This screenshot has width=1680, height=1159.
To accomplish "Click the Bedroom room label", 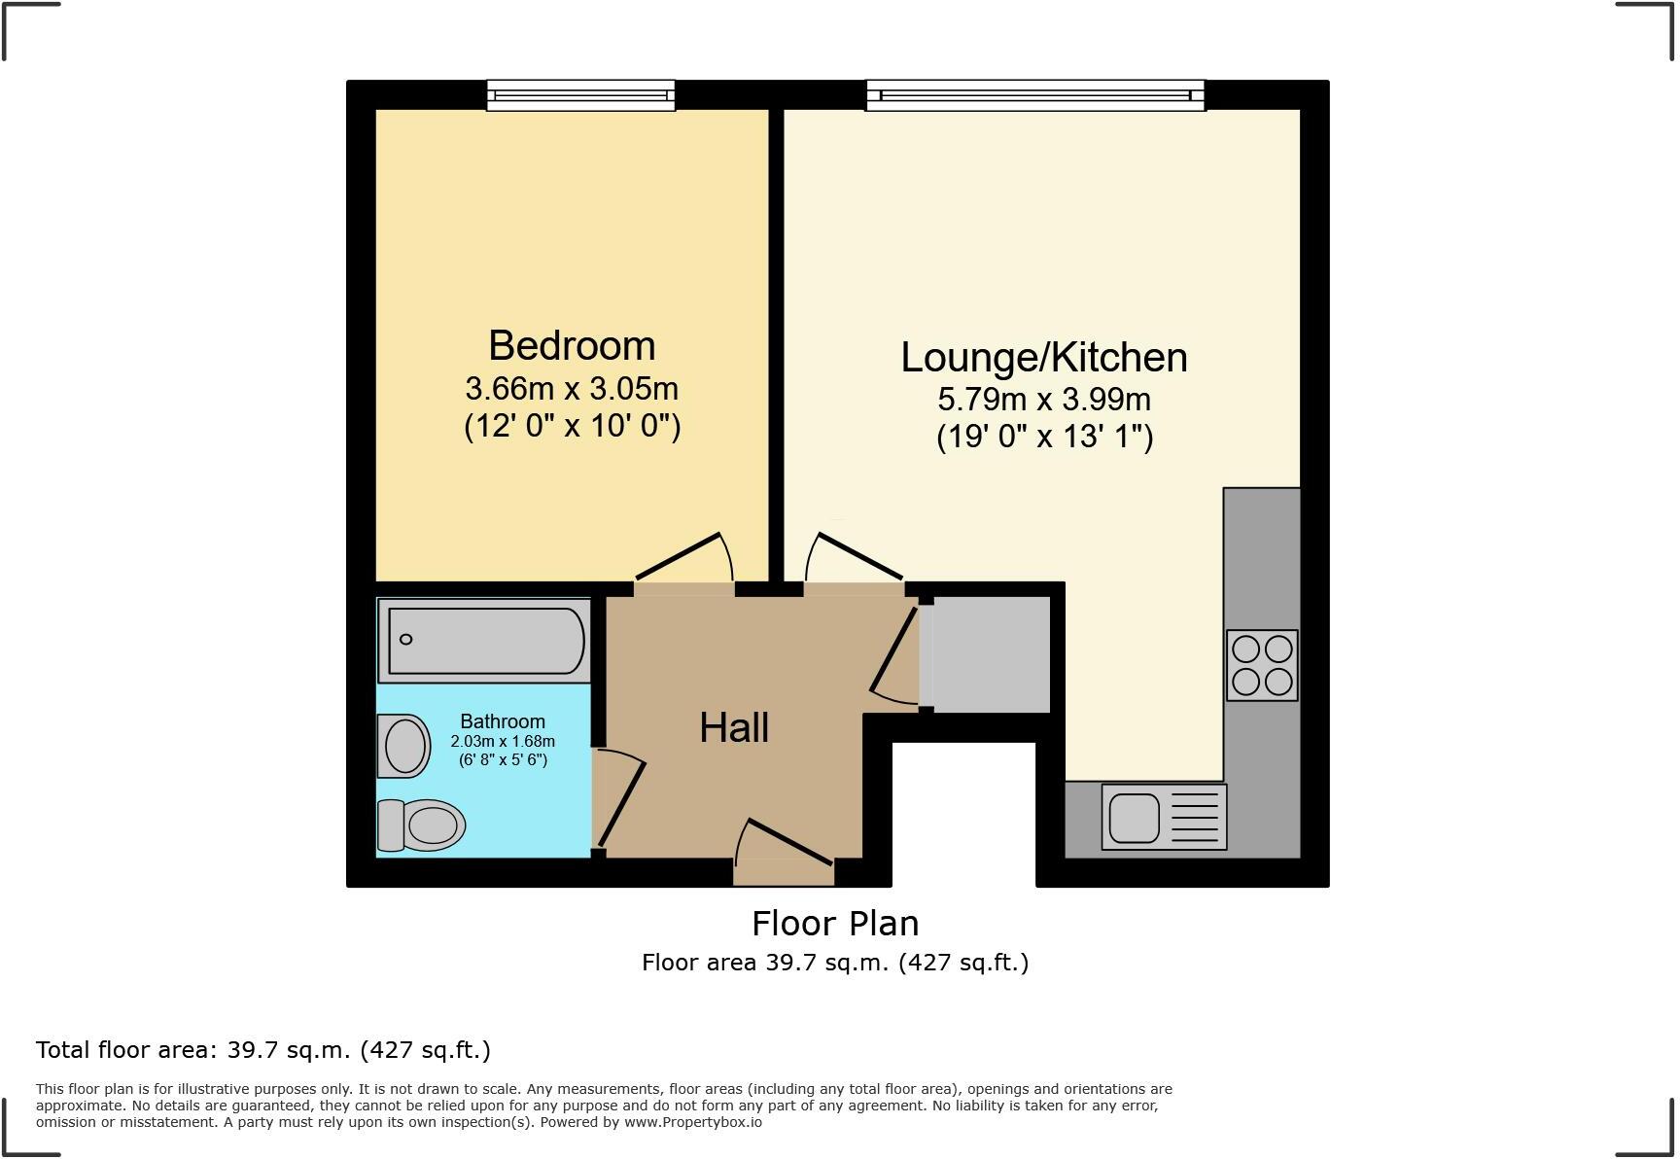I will point(572,346).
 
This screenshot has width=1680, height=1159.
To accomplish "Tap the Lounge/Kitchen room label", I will point(1043,357).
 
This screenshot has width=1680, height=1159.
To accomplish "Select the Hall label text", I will point(734,727).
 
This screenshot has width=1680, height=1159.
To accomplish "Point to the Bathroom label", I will point(502,721).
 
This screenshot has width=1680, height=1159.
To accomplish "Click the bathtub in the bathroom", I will point(485,640).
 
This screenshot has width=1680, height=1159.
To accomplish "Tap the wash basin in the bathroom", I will point(404,747).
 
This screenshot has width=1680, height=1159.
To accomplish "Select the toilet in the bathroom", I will point(422,825).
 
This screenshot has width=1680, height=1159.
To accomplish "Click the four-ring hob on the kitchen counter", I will point(1261,665).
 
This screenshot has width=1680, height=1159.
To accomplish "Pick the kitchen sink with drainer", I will point(1164,817).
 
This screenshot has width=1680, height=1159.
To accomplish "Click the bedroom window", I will point(580,94).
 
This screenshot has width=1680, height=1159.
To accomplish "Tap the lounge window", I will point(1035,94).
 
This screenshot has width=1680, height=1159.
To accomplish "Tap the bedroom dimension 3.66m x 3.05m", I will point(572,389).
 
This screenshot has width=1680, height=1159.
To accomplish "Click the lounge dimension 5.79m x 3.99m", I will point(1043,400).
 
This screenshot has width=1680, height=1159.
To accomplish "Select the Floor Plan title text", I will point(835,923).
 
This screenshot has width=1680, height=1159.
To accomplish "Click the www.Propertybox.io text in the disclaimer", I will point(692,1122).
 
